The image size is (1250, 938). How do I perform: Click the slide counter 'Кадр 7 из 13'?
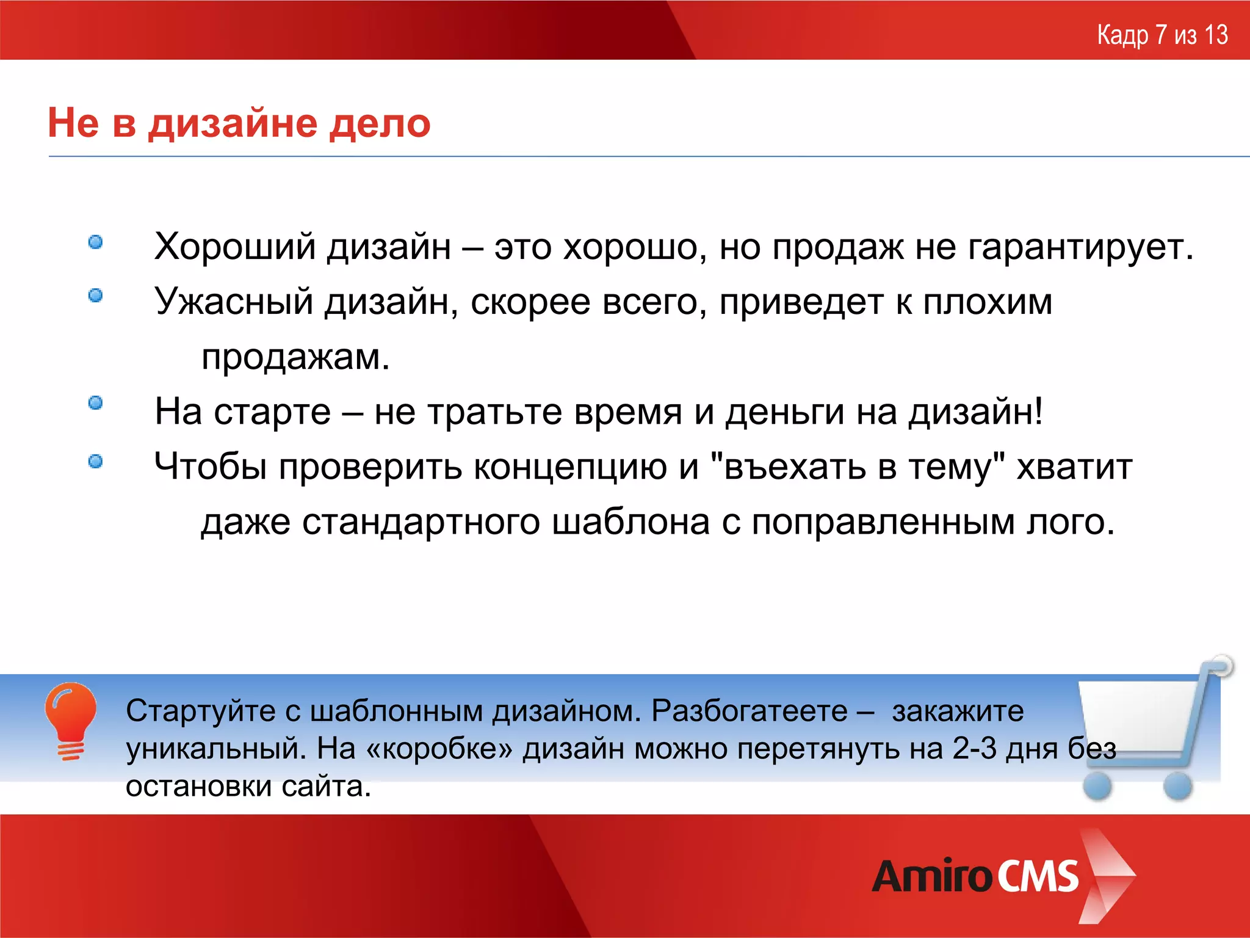coord(1162,35)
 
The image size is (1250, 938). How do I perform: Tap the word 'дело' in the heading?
coord(380,123)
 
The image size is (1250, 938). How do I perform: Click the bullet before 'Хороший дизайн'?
coord(96,242)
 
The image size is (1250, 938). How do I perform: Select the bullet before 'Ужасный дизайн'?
coord(96,296)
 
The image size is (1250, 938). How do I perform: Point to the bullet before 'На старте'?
coord(96,403)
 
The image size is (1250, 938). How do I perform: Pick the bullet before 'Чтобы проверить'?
coord(96,462)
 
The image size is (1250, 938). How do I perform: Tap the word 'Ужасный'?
coord(234,302)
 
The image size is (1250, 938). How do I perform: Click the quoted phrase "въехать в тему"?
coord(858,467)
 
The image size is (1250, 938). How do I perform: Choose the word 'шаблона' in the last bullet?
coord(630,522)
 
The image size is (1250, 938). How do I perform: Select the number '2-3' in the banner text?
coord(974,749)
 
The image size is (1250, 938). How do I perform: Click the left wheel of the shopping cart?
coord(1097,785)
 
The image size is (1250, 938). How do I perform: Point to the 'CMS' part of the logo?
coord(1038,877)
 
